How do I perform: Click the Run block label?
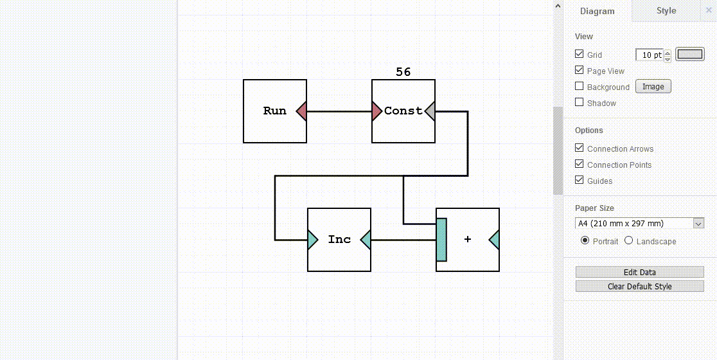point(274,111)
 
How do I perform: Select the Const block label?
point(403,111)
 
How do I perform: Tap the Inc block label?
point(339,240)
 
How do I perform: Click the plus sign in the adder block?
point(467,240)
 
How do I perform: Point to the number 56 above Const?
point(403,73)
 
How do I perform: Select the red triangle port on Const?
point(376,112)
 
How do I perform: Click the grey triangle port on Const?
point(430,112)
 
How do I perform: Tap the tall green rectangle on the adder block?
point(441,240)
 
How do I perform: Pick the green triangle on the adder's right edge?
point(495,240)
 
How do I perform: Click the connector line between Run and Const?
point(339,112)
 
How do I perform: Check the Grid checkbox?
point(580,55)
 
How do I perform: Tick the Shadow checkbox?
point(580,102)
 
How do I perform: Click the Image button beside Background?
point(653,87)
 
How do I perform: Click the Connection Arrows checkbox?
point(580,148)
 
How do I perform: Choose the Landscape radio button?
point(629,241)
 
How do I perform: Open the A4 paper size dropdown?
point(640,224)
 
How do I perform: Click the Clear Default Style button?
point(639,287)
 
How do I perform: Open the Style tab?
point(666,11)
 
